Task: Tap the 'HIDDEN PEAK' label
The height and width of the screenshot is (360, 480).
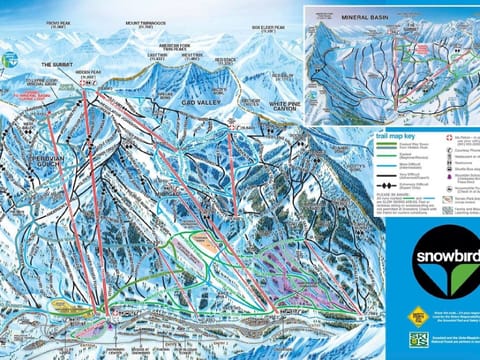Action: coord(89,73)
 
